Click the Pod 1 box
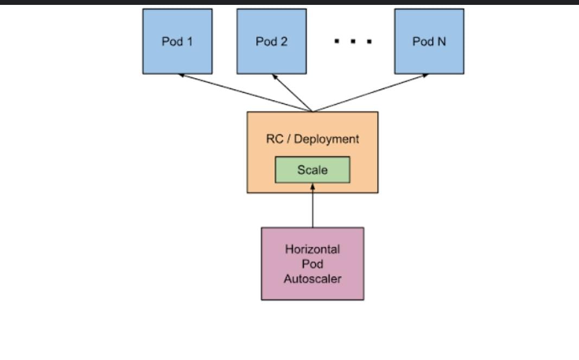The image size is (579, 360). click(177, 41)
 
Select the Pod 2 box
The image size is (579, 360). click(271, 41)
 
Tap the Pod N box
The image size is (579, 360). click(429, 41)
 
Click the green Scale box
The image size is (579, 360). click(313, 170)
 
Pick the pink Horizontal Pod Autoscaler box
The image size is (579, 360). click(313, 263)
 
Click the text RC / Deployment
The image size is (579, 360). click(313, 139)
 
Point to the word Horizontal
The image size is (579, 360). click(313, 249)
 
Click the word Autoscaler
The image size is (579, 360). click(313, 279)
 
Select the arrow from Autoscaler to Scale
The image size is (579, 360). click(313, 206)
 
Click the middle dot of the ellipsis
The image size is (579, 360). click(353, 41)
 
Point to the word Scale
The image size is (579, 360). click(313, 170)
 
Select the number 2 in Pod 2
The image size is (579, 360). click(284, 41)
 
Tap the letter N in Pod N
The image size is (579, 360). click(442, 41)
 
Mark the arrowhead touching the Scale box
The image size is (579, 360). click(313, 186)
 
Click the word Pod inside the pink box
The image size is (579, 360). click(313, 264)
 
